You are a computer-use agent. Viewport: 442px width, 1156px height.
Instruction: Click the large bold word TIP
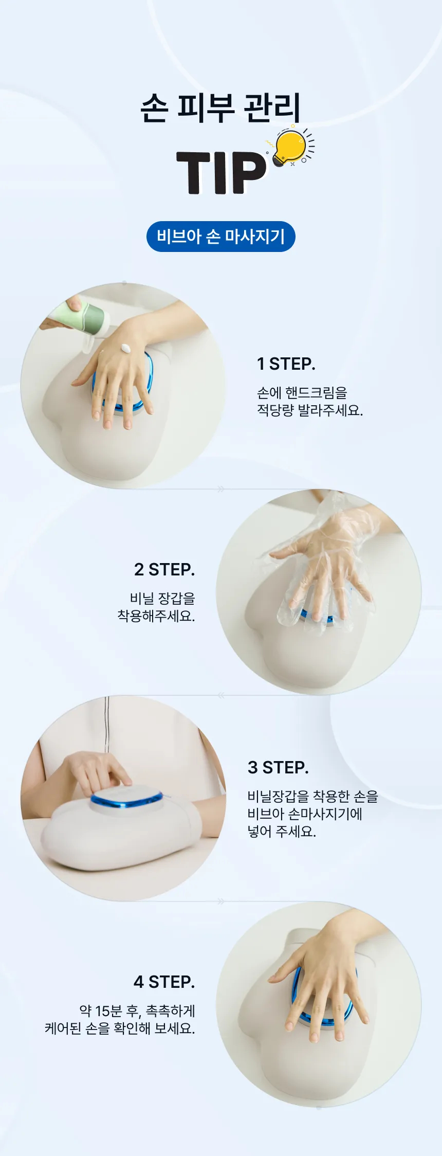coord(221,173)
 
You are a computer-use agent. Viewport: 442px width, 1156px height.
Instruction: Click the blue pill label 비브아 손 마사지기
coord(221,237)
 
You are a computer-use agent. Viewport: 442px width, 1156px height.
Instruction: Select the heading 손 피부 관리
coord(220,108)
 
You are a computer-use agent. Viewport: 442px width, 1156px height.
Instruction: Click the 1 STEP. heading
coord(286,364)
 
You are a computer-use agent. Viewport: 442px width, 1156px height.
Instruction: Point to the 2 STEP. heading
coord(164,570)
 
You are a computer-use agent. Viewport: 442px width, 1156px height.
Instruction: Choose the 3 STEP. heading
coord(278,768)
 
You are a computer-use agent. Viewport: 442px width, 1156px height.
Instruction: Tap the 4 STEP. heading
coord(164,982)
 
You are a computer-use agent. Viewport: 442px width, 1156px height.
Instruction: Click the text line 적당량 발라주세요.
coord(310,410)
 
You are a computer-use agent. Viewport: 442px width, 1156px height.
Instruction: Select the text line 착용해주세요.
coord(156,616)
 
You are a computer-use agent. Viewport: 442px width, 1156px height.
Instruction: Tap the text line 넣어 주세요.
coord(282,831)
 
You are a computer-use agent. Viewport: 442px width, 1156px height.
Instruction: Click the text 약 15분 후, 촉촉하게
coord(137,1011)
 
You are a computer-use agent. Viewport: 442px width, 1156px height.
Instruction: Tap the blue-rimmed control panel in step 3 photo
coord(126,799)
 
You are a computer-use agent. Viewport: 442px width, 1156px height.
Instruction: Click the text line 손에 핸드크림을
coord(302,393)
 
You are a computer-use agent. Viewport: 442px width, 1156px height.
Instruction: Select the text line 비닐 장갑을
coord(162,598)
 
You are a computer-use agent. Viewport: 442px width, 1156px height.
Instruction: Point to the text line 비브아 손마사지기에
coord(305,814)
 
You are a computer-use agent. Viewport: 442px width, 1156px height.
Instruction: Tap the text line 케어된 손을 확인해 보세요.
coord(120,1028)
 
